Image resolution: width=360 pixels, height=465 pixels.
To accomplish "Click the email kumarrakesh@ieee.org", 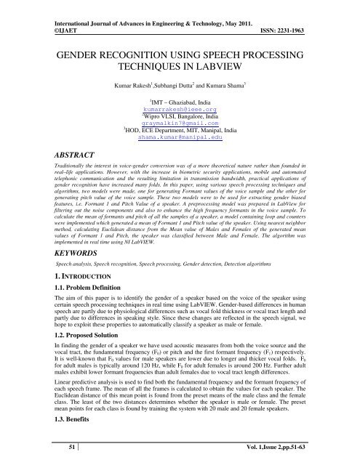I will [x=179, y=111].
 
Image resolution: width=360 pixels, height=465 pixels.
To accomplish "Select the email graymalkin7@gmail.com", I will [x=179, y=126].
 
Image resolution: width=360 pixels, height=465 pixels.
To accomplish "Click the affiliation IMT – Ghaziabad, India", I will [x=180, y=105].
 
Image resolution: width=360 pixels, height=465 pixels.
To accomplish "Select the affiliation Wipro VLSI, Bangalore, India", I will [x=180, y=118].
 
